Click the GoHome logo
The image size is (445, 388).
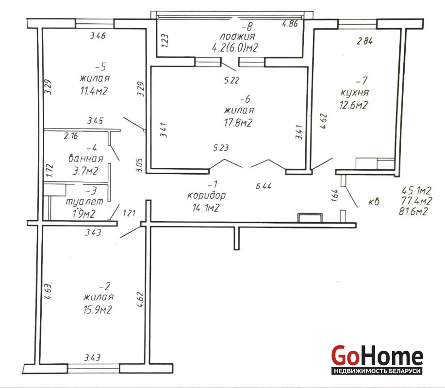377,359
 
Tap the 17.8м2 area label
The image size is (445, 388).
238,123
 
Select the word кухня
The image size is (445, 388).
354,93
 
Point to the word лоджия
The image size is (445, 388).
237,36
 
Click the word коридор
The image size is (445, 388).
206,195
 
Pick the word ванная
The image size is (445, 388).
86,158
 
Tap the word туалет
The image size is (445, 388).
84,202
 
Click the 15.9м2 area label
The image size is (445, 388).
98,309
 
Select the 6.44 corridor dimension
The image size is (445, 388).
264,186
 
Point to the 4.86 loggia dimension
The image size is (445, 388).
290,24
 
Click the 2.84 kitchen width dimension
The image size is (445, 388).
364,41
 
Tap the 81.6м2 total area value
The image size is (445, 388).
413,211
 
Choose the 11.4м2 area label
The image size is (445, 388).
94,91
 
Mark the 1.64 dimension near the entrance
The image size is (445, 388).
335,196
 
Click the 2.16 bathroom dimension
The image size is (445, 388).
71,136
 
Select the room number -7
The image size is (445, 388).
362,81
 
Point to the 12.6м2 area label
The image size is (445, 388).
354,106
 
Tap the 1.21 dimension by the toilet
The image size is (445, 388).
129,213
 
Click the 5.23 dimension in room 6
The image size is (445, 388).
221,148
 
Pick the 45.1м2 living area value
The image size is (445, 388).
417,190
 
